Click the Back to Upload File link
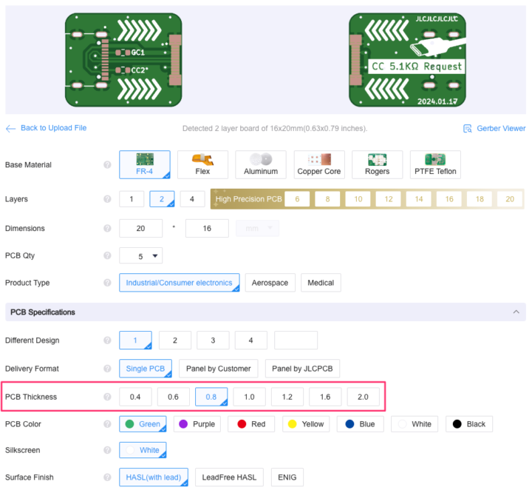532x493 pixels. coord(46,128)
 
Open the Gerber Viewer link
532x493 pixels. coord(494,129)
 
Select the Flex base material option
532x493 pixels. coord(202,164)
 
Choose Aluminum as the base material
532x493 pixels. coord(261,164)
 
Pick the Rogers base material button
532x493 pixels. coord(378,164)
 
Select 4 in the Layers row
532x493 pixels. coord(192,199)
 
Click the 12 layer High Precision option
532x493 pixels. coord(389,199)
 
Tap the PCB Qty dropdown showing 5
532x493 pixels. coord(141,255)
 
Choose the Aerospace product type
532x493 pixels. coord(270,283)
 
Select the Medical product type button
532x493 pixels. coord(321,283)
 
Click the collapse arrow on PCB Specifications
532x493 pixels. coord(516,312)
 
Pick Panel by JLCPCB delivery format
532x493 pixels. coord(302,369)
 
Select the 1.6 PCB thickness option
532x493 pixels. coord(325,397)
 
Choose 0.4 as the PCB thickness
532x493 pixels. coord(135,397)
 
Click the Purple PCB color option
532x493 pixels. coord(197,424)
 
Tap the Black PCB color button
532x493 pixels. coord(469,424)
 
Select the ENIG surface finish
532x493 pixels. coord(287,477)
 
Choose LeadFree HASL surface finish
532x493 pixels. coord(229,477)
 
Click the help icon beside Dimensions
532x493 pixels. coord(107,228)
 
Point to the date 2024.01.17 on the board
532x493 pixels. coord(437,101)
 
